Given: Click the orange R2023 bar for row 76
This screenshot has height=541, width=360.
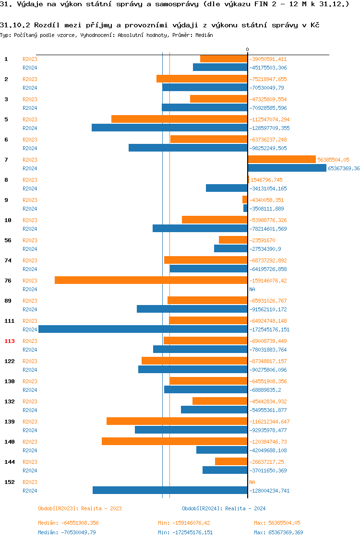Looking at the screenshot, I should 151,280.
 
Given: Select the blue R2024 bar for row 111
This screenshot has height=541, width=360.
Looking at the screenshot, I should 143,329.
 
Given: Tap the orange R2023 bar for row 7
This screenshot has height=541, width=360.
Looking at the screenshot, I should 282,159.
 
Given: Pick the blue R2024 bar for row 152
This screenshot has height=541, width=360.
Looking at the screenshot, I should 170,490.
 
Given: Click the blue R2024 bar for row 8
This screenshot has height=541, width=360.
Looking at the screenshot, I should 227,188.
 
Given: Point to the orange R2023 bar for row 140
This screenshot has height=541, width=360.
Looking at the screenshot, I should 175,441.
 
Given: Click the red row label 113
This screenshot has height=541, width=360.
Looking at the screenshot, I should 10,341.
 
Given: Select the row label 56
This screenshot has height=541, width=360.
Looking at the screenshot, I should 8,240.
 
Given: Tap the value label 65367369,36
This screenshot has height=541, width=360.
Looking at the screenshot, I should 344,168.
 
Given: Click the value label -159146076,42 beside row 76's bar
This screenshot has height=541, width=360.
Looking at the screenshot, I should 269,281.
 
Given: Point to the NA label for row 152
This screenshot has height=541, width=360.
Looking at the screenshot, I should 252,482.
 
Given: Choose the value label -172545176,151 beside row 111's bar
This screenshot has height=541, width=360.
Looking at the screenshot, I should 269,329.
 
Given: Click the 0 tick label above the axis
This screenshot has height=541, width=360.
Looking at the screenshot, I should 248,50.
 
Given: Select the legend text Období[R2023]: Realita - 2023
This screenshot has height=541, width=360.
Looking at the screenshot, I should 80,508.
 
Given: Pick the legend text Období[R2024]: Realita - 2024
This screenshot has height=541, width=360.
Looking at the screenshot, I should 224,508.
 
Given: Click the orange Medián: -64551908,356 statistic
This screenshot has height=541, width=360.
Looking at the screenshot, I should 68,523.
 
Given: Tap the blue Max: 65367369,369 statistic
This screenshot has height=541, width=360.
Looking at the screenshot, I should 278,532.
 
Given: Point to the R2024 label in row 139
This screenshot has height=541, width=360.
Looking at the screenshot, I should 30,430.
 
